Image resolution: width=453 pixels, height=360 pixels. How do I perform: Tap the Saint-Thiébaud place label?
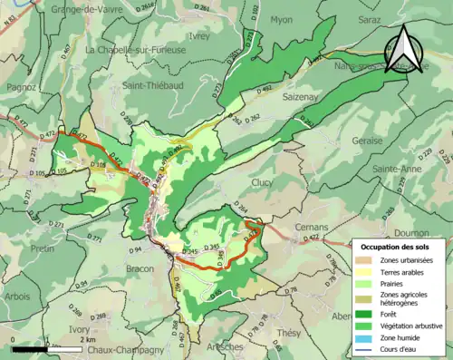click(x=149, y=86)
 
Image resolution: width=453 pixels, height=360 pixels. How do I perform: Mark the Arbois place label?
click(x=19, y=295)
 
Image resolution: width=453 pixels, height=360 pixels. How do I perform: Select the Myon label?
click(x=282, y=19)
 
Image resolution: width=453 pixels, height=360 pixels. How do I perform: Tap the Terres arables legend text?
click(x=404, y=271)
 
